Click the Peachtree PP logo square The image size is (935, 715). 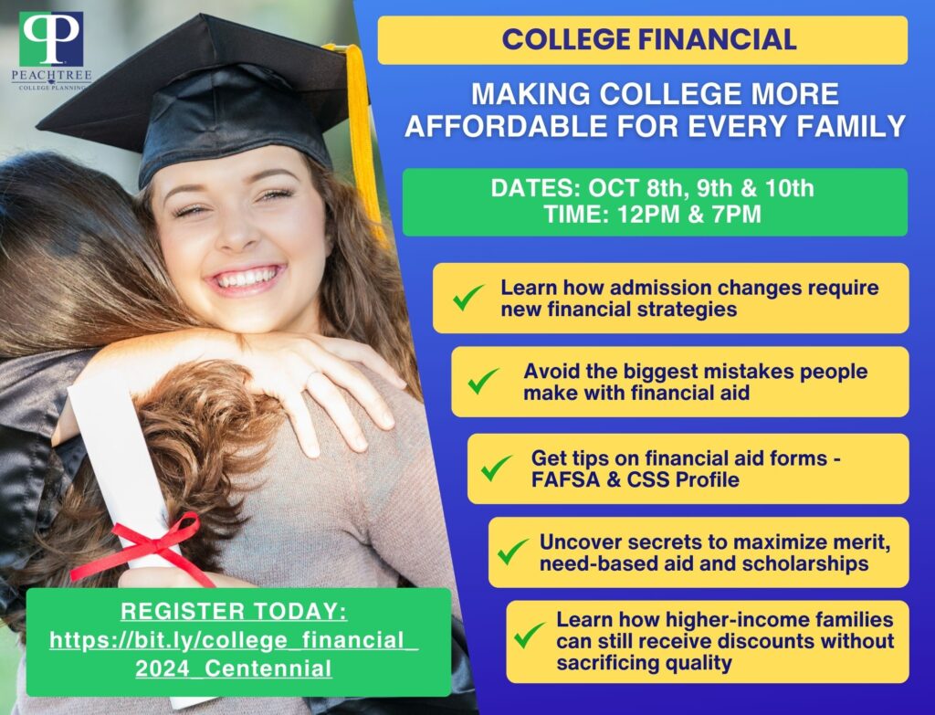point(51,38)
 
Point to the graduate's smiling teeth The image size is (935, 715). point(245,278)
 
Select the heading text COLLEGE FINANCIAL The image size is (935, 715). point(649,39)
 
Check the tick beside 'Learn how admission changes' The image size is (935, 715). point(468,297)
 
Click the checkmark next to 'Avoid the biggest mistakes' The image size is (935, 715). point(484,381)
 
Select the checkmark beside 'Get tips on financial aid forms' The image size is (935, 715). point(497,468)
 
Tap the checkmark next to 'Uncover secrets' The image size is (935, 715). point(513,552)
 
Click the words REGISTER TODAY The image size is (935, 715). point(234,611)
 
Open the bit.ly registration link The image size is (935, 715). point(234,654)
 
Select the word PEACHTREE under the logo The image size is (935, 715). point(52,76)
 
